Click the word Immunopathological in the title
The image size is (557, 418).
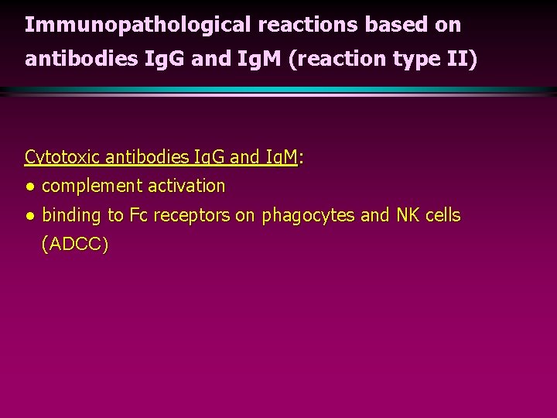pyautogui.click(x=136, y=25)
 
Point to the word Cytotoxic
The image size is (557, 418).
pyautogui.click(x=62, y=157)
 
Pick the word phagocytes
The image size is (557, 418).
pyautogui.click(x=307, y=215)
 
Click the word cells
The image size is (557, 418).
pyautogui.click(x=443, y=215)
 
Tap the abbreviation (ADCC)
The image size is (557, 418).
pyautogui.click(x=75, y=245)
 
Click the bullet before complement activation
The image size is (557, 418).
pyautogui.click(x=29, y=187)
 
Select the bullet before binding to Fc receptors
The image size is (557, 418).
pyautogui.click(x=29, y=216)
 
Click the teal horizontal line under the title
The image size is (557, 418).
pyautogui.click(x=278, y=90)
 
